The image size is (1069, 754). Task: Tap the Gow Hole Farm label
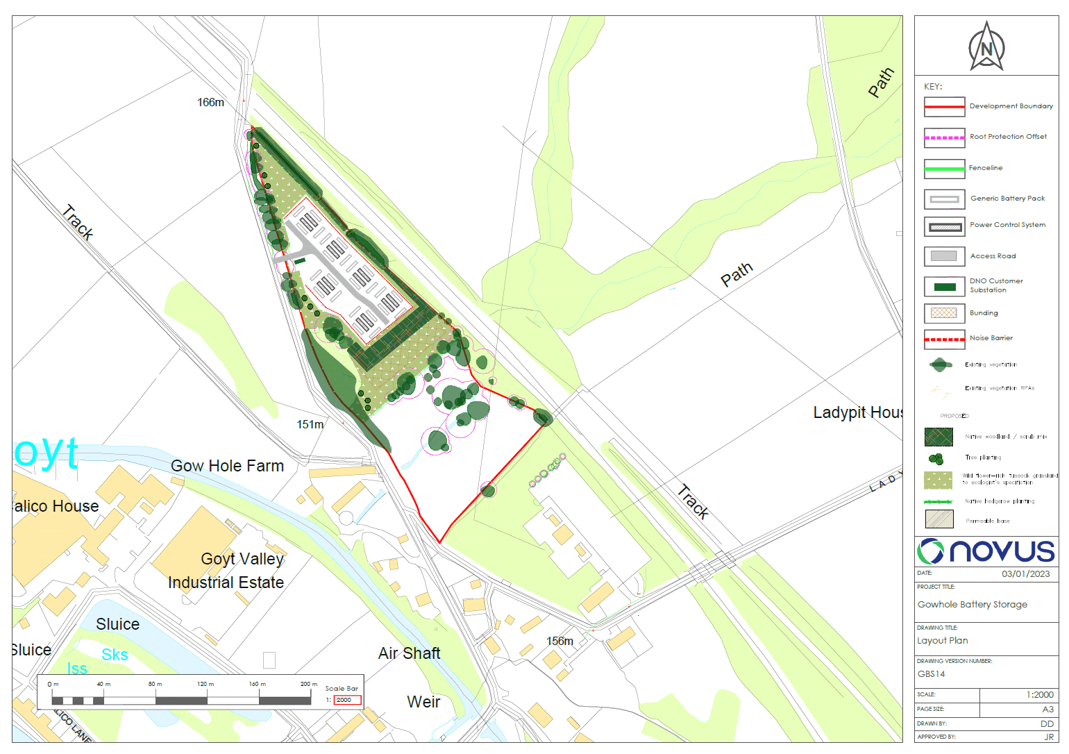228,466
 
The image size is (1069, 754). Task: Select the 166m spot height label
210,102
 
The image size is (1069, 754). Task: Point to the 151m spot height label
310,424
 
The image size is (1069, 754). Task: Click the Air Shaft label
409,653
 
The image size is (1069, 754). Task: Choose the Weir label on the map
423,702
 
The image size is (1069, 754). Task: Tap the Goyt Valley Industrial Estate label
226,571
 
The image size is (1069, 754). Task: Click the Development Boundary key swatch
944,107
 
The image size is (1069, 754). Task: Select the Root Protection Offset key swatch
944,137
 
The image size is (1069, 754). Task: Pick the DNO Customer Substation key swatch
944,287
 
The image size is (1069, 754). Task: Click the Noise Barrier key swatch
944,340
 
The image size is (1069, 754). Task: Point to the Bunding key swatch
944,313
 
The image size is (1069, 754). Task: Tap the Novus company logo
986,551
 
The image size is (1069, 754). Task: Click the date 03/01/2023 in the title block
1025,574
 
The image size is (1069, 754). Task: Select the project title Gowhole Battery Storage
972,605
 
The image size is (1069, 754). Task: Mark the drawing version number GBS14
931,674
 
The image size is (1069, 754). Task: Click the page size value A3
1047,710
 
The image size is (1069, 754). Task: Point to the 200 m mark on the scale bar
308,685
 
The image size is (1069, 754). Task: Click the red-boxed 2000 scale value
347,700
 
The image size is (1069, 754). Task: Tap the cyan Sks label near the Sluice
115,655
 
